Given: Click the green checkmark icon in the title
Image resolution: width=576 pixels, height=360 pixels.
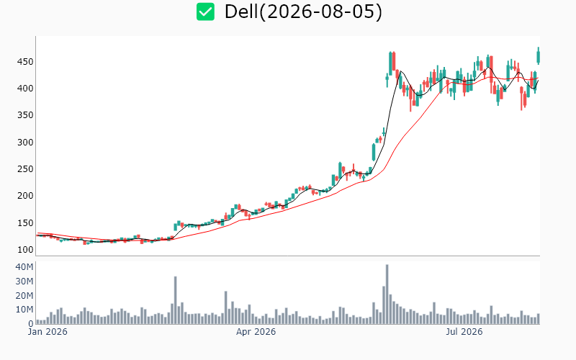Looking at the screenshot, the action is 205,12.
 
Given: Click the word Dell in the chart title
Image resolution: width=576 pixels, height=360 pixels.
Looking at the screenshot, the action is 241,12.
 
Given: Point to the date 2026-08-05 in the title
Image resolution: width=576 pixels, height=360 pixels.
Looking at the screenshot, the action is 320,12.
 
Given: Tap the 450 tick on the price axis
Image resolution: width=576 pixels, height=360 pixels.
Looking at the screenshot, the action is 25,62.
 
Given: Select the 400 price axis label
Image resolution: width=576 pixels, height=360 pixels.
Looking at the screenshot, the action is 25,89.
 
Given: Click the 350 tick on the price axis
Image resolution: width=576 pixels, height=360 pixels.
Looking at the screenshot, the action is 25,115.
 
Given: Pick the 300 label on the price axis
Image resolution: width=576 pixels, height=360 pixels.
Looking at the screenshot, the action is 25,142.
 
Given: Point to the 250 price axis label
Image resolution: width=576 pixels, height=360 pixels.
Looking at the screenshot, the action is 25,169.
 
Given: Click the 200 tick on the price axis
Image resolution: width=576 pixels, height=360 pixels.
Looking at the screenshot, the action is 25,196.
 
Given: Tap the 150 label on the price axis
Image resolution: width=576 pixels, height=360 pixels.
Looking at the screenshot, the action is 25,223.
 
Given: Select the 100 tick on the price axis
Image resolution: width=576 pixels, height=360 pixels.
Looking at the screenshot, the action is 25,250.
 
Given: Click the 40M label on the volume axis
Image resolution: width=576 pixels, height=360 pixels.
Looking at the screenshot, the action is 24,267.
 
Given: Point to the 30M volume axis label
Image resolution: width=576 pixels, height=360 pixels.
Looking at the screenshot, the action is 24,282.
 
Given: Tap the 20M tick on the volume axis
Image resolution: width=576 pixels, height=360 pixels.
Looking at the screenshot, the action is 24,296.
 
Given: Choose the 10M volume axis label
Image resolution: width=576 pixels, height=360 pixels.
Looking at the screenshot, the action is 24,310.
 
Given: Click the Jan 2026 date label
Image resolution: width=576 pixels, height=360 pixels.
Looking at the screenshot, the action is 48,332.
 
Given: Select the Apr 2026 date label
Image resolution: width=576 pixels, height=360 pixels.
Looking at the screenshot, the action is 256,332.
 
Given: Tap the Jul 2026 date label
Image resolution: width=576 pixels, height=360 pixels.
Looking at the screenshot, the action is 464,332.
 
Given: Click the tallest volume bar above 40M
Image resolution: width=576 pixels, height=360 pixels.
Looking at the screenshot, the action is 387,294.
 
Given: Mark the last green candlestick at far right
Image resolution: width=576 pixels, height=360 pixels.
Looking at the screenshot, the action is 539,56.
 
